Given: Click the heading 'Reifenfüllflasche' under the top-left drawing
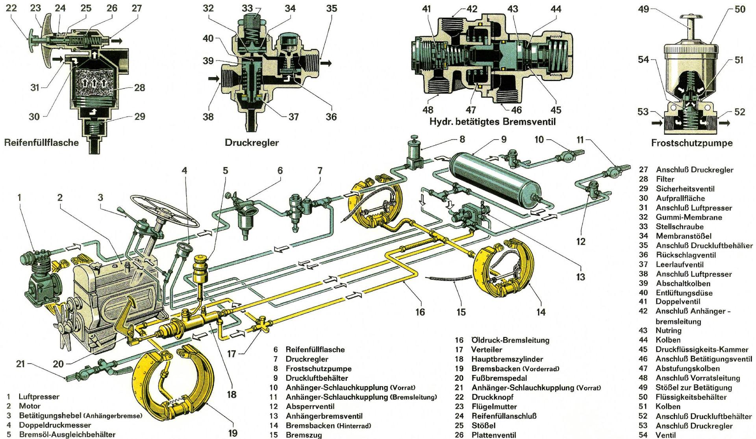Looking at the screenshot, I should coord(41,143).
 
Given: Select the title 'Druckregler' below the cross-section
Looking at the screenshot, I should coord(252,143).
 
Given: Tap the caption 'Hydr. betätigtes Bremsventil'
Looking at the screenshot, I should coord(492,122).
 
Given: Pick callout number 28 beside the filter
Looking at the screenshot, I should coord(140,87).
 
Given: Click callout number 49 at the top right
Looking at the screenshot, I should coord(643,9).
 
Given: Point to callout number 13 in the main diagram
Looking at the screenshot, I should coord(580,277).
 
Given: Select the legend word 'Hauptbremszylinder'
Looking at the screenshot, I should coord(507,359).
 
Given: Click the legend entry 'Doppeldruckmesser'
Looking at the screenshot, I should coord(55,425).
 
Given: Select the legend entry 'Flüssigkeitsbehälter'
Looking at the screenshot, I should coord(691,397).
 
